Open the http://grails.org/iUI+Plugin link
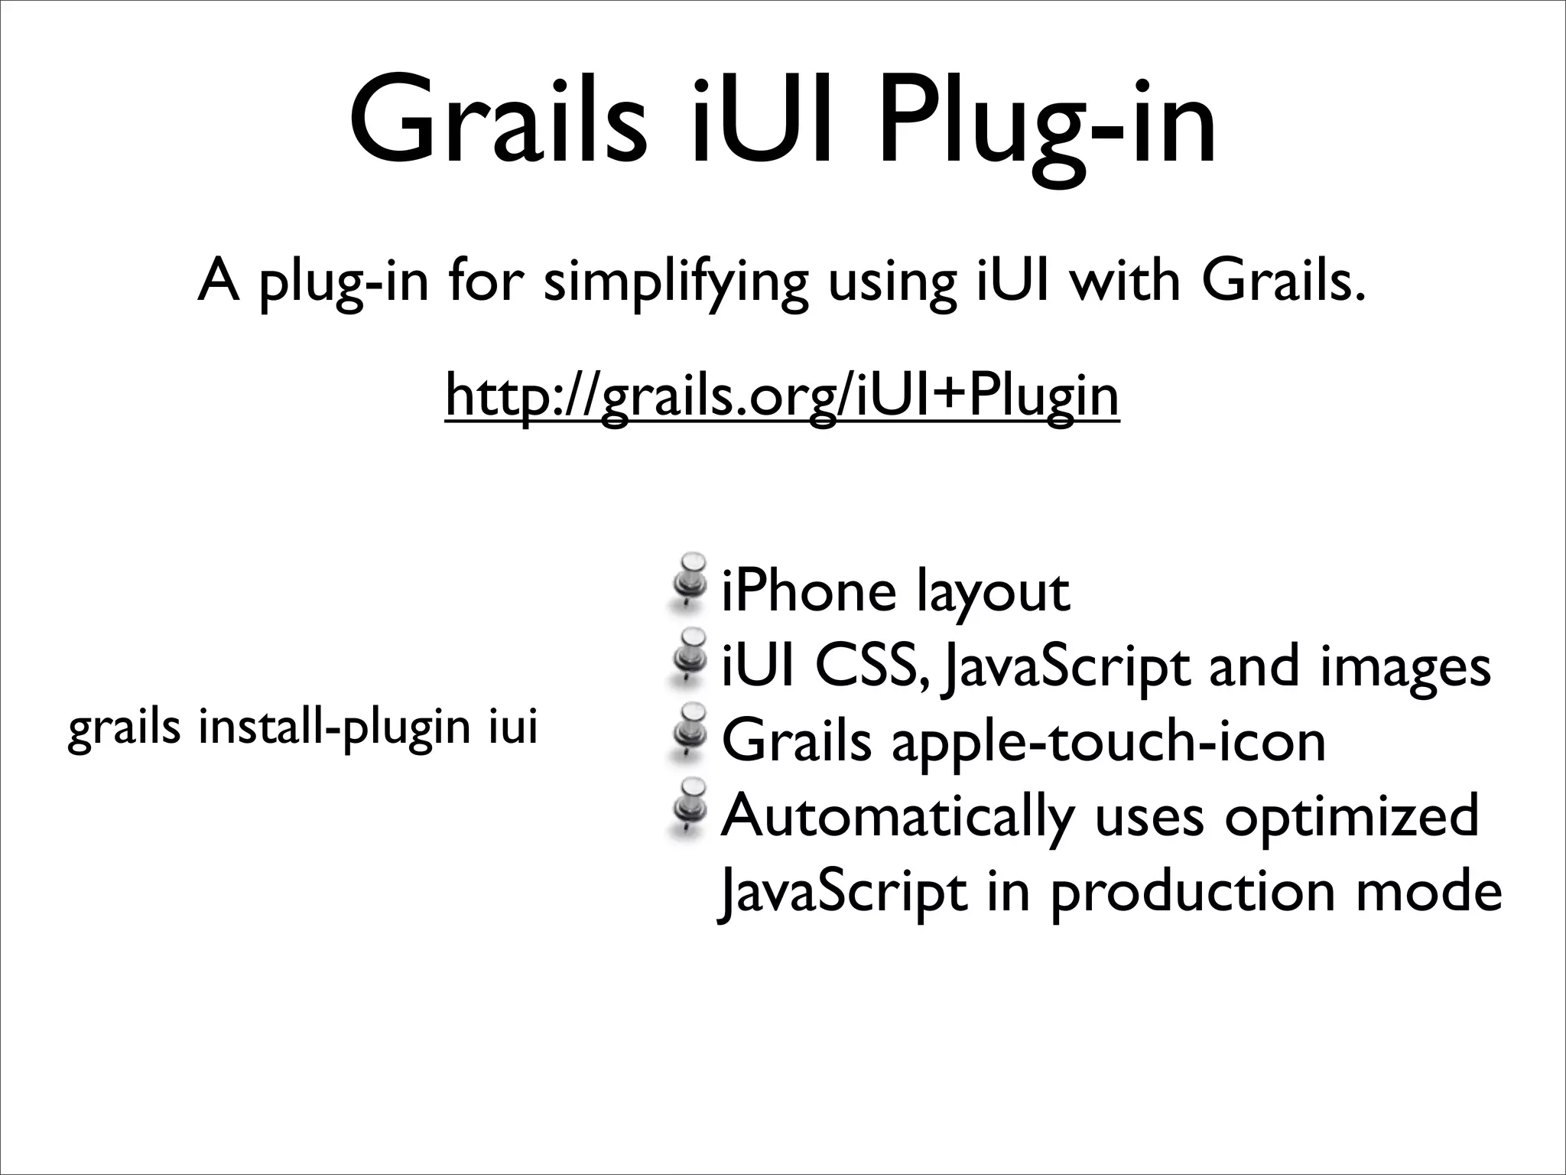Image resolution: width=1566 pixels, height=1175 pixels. (782, 395)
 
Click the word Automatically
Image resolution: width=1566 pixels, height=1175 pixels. (898, 817)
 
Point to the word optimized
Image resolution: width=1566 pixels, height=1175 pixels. (1350, 817)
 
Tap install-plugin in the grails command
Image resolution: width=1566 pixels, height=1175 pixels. (335, 727)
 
